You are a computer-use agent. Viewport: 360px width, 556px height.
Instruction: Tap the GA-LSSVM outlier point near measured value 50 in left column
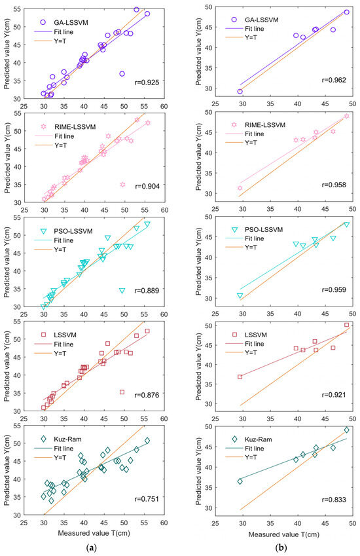tap(122, 74)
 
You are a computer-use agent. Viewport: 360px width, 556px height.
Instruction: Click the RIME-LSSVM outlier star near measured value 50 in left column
tap(122, 185)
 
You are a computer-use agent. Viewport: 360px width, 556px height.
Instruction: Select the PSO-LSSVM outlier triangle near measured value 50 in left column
tap(122, 290)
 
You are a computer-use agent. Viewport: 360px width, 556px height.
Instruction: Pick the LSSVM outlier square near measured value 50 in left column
tap(122, 392)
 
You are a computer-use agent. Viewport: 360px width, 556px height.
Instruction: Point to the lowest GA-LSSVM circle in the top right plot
tap(240, 92)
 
